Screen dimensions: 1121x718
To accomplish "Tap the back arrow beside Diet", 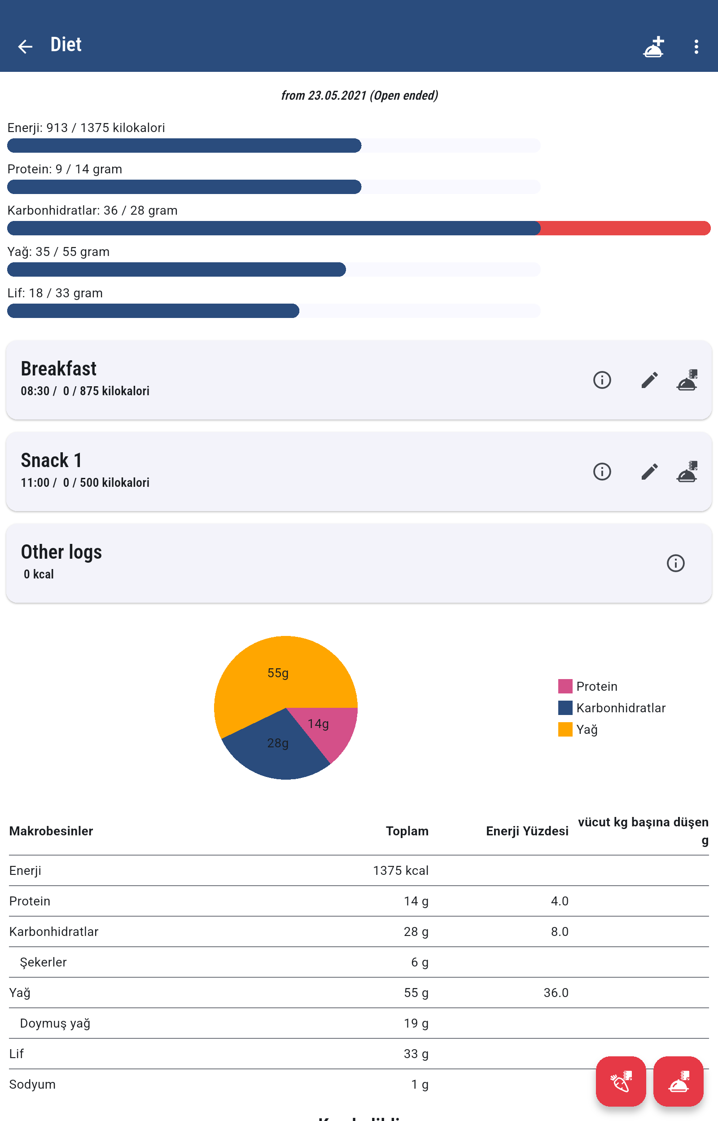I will (25, 46).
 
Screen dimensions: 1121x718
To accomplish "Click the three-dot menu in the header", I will (696, 46).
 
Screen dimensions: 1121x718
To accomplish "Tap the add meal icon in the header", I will (653, 47).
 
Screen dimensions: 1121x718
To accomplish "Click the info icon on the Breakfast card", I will (602, 380).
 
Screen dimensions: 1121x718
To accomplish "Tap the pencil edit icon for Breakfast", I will (649, 380).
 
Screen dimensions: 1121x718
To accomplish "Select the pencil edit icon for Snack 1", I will (649, 472).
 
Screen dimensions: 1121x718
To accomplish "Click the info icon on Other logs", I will (675, 563).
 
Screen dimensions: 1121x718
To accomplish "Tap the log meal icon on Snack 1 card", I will (687, 472).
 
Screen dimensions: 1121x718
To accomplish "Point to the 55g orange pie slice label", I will (278, 673).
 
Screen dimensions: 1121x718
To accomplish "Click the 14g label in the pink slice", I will (318, 724).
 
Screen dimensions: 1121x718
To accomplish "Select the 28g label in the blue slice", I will (278, 743).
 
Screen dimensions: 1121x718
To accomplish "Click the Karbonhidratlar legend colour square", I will (565, 708).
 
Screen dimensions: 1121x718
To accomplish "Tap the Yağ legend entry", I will (587, 729).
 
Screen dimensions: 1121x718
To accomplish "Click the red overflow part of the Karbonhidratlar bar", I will (625, 228).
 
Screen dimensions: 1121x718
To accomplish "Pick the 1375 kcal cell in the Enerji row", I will (400, 870).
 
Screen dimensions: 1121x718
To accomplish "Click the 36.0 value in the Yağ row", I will (556, 993).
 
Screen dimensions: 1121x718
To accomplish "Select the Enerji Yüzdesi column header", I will (527, 831).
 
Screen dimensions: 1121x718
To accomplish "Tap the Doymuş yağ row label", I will (55, 1023).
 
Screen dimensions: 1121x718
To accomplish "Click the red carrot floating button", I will (621, 1081).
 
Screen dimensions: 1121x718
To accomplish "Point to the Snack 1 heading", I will (51, 460).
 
